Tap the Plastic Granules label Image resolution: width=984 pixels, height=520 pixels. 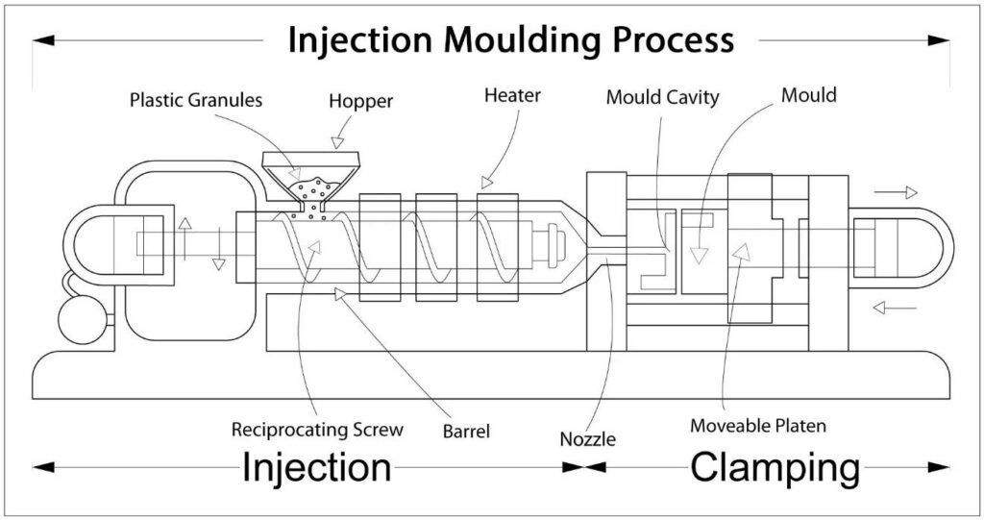[x=196, y=100]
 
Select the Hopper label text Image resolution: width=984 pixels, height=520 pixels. [x=361, y=102]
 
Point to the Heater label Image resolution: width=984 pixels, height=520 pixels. [x=512, y=95]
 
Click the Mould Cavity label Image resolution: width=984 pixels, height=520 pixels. [x=662, y=97]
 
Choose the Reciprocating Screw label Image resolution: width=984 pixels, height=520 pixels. [x=317, y=430]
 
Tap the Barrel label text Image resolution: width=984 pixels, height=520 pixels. [x=466, y=432]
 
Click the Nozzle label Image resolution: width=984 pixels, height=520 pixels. [x=587, y=439]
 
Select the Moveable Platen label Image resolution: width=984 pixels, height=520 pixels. [x=757, y=425]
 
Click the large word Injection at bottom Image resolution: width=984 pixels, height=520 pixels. [x=317, y=468]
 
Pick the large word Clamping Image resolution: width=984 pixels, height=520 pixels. [x=775, y=468]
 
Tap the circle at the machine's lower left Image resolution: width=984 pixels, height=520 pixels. [x=82, y=320]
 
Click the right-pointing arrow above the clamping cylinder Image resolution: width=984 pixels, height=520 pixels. [x=896, y=192]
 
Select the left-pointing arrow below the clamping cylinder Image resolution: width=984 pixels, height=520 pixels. [x=895, y=308]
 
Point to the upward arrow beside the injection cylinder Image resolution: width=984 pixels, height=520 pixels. [x=184, y=238]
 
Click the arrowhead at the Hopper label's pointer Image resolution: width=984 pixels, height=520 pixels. [x=338, y=142]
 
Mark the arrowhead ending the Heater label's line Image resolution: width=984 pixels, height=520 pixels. [x=487, y=182]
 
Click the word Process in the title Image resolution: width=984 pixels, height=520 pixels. [x=674, y=40]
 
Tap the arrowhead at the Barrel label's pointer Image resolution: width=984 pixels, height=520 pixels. [x=340, y=293]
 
